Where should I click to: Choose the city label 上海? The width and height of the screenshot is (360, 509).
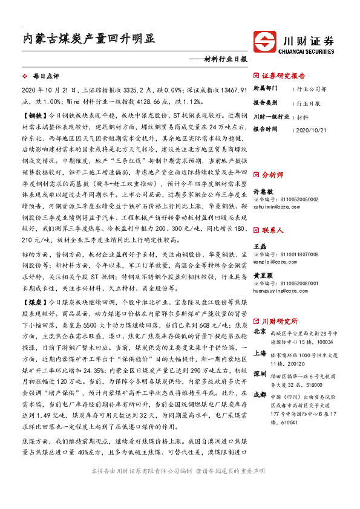click(x=260, y=354)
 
